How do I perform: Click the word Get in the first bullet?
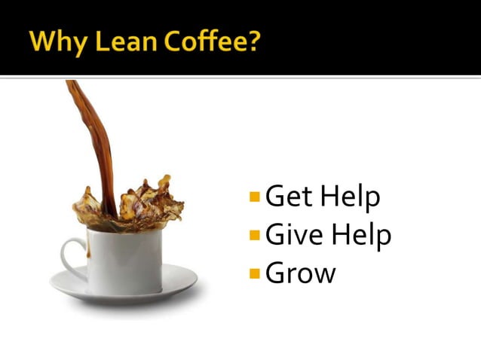[289, 197]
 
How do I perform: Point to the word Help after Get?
[350, 197]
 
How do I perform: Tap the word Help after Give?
[361, 235]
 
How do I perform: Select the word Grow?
[301, 273]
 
